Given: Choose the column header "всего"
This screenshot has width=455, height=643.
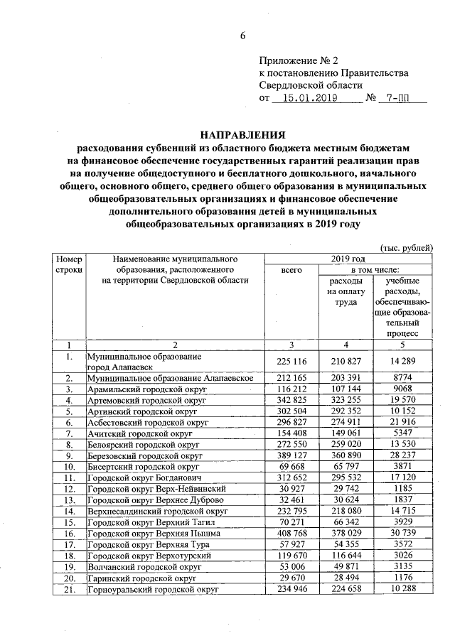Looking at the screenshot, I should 291,271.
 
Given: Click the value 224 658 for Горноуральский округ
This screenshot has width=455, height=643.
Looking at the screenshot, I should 346,589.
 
